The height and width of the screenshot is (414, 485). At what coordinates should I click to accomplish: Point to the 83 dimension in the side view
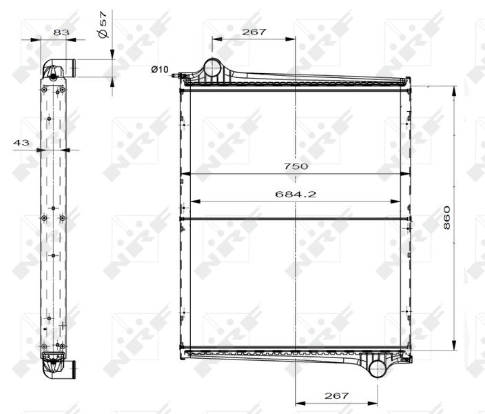(x=61, y=32)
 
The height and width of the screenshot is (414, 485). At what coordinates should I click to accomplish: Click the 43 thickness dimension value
(x=21, y=143)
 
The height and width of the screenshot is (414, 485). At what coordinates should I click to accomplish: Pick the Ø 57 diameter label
(x=103, y=25)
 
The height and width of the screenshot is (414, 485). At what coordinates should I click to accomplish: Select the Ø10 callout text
(x=160, y=69)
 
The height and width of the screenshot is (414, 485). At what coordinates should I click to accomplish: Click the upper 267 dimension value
(x=254, y=32)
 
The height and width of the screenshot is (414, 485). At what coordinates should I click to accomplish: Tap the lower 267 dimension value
(x=336, y=395)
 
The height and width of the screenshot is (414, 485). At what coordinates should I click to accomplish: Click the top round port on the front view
(x=212, y=68)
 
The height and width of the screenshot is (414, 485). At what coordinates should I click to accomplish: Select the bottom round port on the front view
(x=377, y=368)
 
